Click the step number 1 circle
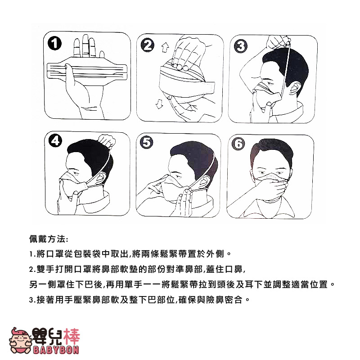(x=54, y=43)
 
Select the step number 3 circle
(x=241, y=46)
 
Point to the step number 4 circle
(x=55, y=140)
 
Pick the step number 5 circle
(x=147, y=142)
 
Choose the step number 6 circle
(x=238, y=144)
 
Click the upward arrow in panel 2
(x=165, y=48)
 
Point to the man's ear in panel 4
(x=102, y=177)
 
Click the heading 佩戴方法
(x=49, y=239)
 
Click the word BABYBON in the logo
(x=56, y=350)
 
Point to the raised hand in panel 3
(x=279, y=42)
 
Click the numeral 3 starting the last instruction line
(x=31, y=300)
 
